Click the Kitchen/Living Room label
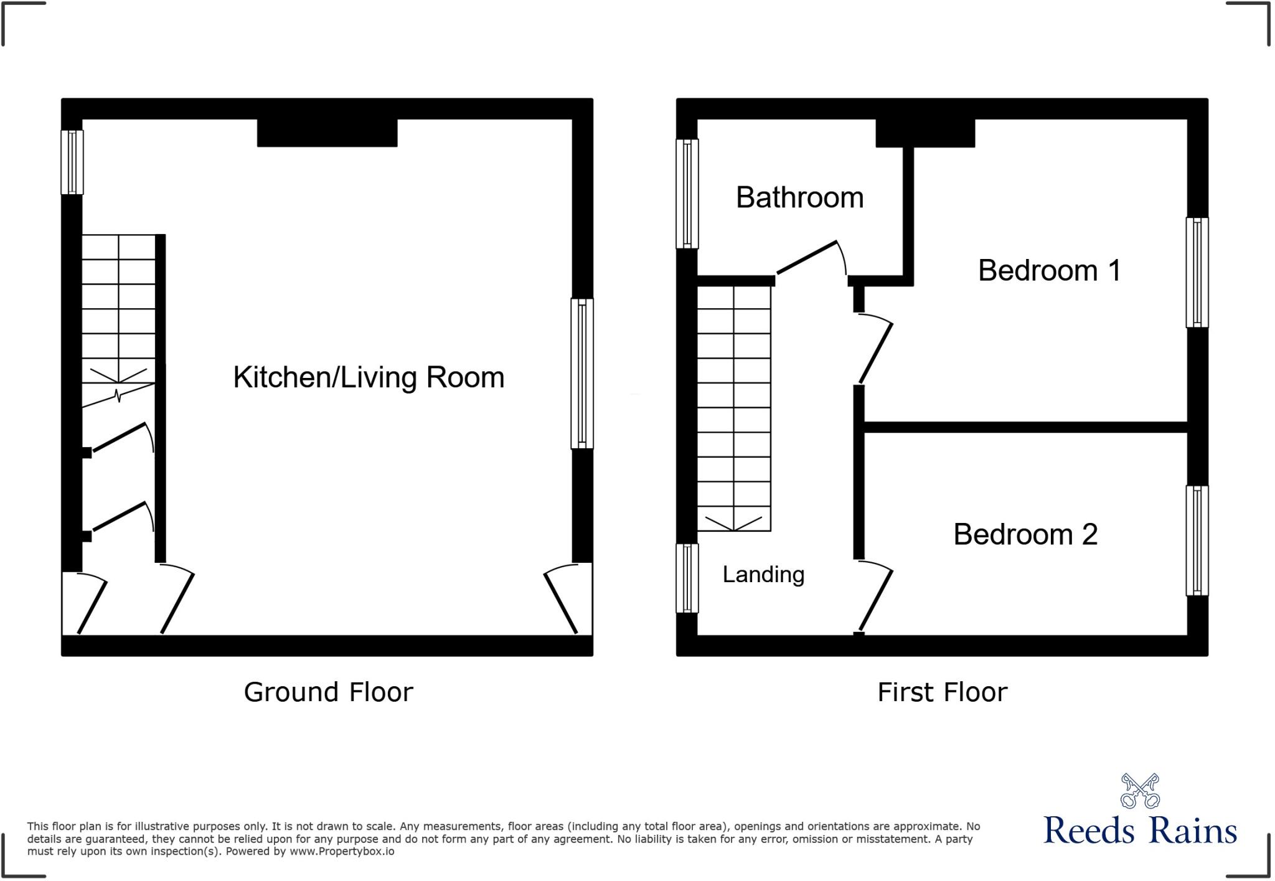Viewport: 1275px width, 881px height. point(369,377)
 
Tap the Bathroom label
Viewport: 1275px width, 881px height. point(799,198)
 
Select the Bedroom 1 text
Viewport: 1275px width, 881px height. point(1049,270)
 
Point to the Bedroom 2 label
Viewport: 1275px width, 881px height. point(1025,534)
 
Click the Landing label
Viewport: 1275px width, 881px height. point(763,574)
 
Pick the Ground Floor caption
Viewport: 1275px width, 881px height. point(328,692)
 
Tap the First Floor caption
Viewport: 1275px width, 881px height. point(942,692)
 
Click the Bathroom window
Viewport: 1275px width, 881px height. point(687,194)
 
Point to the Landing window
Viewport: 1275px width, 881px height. point(687,578)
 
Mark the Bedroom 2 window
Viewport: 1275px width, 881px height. point(1197,540)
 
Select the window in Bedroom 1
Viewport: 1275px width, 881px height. point(1197,272)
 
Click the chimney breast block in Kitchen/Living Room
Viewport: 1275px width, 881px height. point(327,133)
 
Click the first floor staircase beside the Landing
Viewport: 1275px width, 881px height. point(734,408)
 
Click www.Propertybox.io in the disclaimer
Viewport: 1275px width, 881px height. point(342,851)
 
